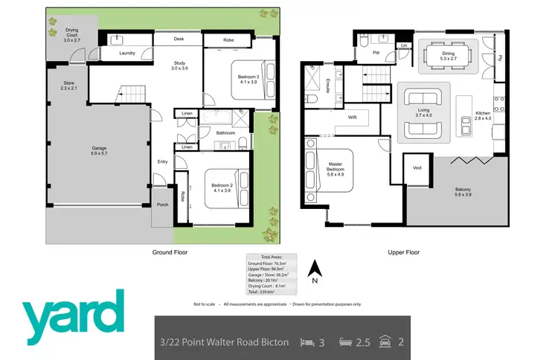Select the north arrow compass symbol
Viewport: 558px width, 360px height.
[314, 269]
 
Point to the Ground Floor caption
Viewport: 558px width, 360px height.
[170, 252]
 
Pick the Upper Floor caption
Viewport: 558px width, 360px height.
[403, 252]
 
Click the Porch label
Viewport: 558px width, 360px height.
[162, 205]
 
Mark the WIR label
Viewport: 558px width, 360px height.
[353, 118]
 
